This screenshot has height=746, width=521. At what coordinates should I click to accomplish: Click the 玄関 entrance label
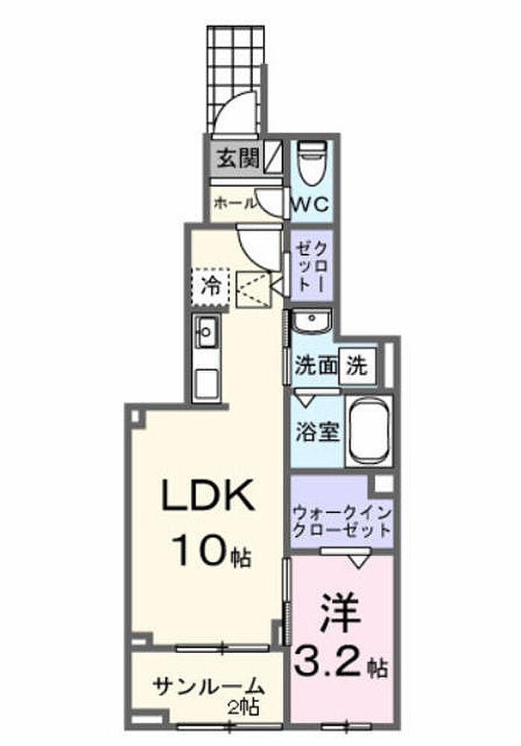(x=238, y=158)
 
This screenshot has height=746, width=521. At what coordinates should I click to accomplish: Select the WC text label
(x=310, y=205)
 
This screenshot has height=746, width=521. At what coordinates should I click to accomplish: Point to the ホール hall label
(x=235, y=203)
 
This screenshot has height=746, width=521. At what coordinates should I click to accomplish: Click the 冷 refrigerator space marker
(x=211, y=287)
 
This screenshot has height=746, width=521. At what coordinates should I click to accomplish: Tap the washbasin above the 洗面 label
(x=311, y=321)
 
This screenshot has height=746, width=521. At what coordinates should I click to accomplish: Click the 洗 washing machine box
(x=357, y=366)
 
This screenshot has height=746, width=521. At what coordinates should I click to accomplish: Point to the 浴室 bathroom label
(x=317, y=432)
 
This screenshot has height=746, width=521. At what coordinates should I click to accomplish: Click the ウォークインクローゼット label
(x=342, y=522)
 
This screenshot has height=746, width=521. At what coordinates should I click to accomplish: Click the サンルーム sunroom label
(x=208, y=686)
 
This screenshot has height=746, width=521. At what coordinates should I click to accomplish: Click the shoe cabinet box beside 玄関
(x=273, y=158)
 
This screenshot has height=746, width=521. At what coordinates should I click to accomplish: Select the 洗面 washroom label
(x=316, y=366)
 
